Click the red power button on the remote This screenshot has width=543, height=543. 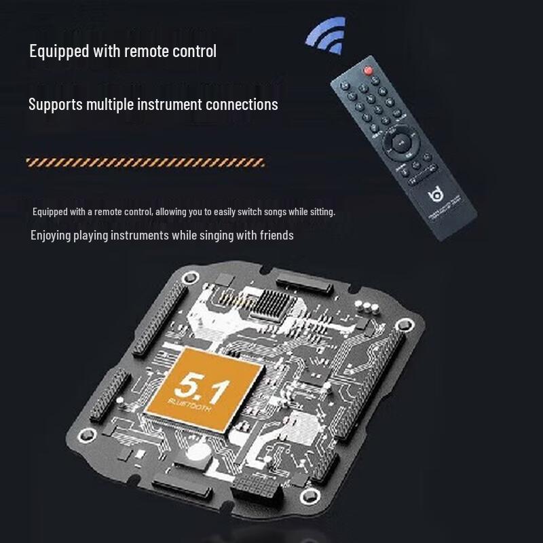[x=368, y=69]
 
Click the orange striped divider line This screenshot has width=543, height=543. [x=145, y=162]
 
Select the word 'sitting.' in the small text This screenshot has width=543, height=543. [x=319, y=212]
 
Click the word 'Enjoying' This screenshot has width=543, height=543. [x=50, y=236]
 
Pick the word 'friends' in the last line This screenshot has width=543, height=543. [x=278, y=236]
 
